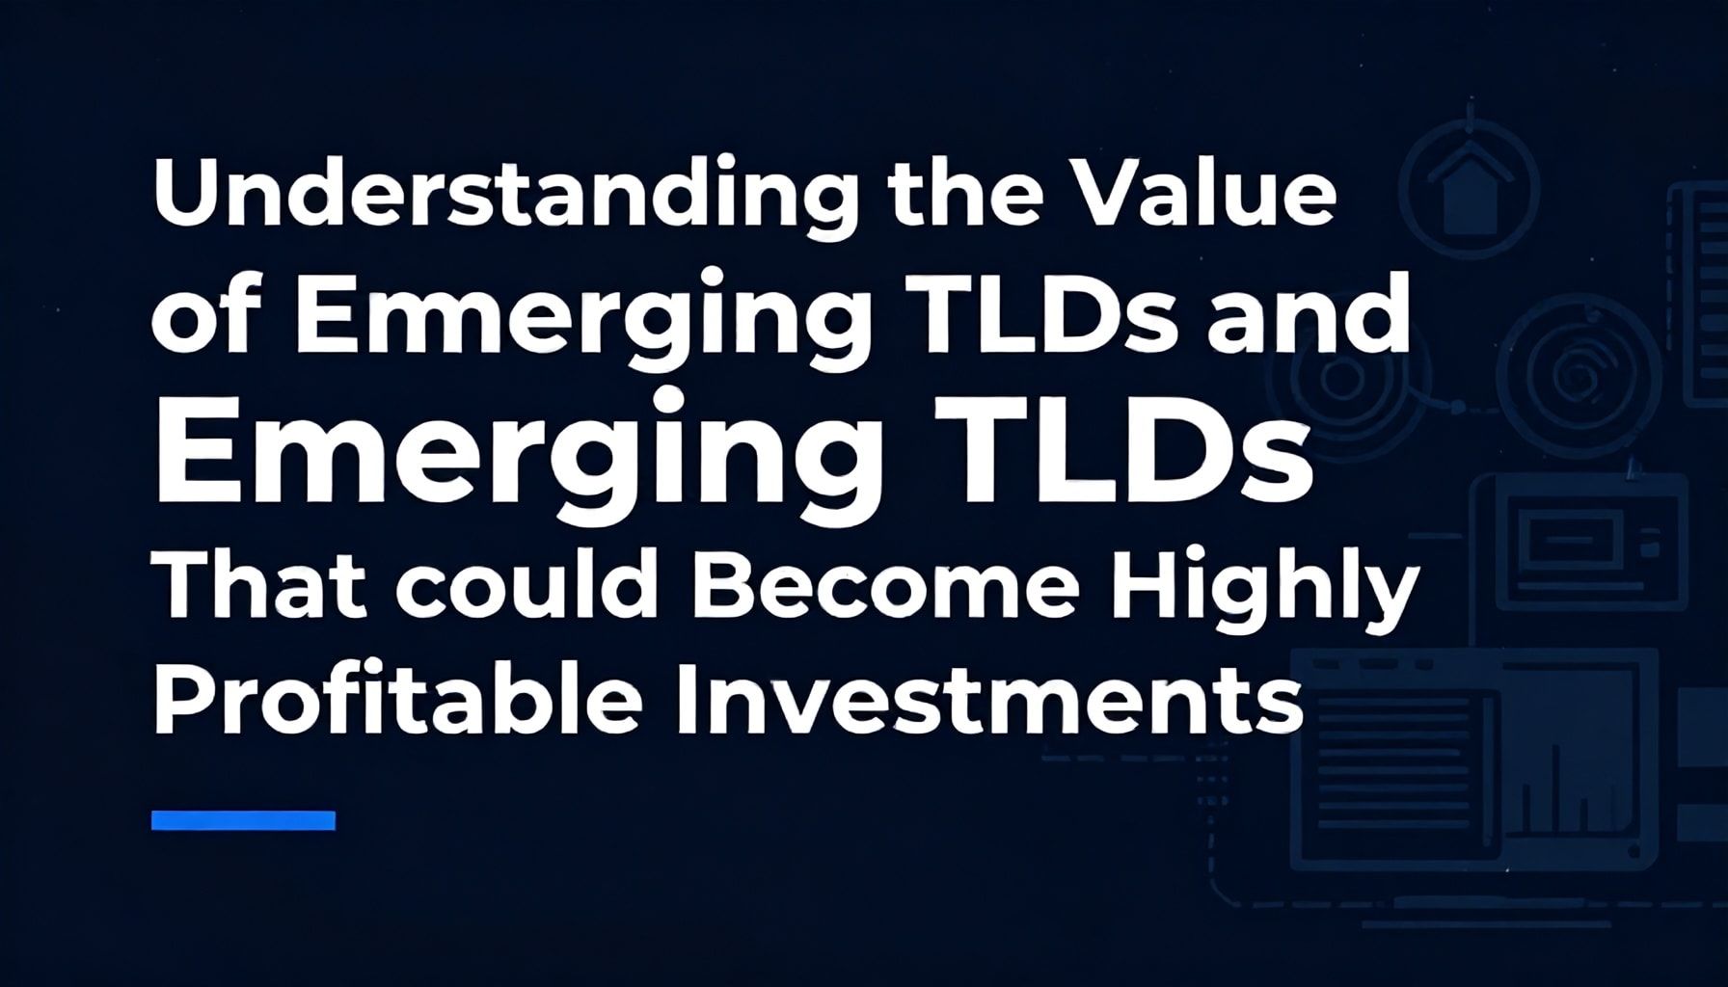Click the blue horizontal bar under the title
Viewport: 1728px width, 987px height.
(243, 820)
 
